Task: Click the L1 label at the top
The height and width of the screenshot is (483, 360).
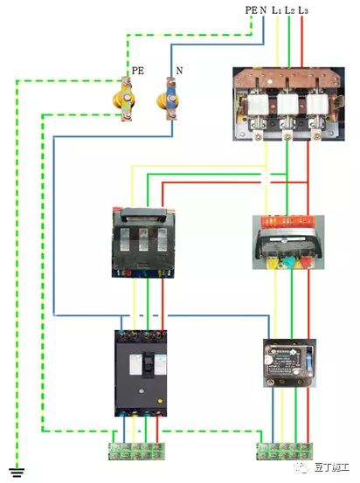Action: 276,10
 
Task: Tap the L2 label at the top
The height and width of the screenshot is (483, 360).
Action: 289,10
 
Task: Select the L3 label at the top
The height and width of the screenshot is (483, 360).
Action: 302,10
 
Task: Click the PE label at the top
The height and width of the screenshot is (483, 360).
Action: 251,10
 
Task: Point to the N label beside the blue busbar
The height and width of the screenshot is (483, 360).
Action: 179,71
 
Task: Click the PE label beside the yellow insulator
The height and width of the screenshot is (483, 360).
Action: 138,71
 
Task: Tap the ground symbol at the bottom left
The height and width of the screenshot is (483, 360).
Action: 17,472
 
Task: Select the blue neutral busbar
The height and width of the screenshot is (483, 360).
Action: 170,99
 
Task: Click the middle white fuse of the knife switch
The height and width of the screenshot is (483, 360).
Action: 287,104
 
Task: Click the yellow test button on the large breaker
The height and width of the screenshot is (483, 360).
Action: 160,401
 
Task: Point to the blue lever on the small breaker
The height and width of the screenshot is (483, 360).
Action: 310,361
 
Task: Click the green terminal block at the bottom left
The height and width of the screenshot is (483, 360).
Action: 136,452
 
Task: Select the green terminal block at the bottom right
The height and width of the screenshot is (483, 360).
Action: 285,452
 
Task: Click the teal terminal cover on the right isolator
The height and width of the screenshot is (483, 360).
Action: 289,262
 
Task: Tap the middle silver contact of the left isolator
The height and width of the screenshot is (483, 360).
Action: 143,239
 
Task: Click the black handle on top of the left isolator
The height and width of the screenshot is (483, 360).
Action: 143,215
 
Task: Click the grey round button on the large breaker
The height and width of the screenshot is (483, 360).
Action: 142,391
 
